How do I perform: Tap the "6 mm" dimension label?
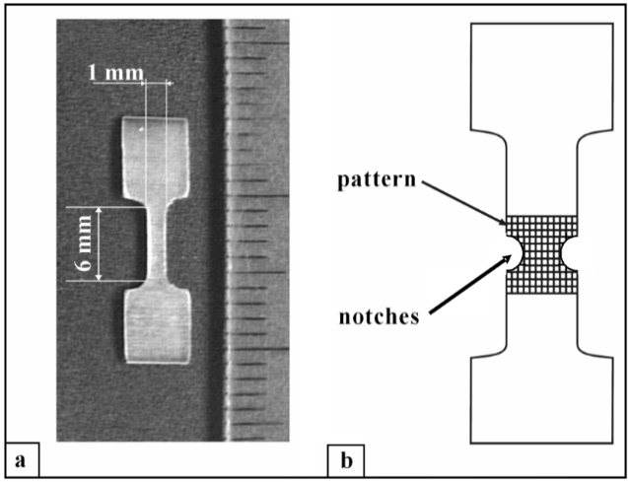[x=85, y=244]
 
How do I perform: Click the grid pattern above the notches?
[x=541, y=227]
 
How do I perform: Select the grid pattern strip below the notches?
[x=541, y=282]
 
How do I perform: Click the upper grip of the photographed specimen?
[x=156, y=158]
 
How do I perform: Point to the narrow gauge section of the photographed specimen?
[x=157, y=242]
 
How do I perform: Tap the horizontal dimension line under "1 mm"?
[x=133, y=83]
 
